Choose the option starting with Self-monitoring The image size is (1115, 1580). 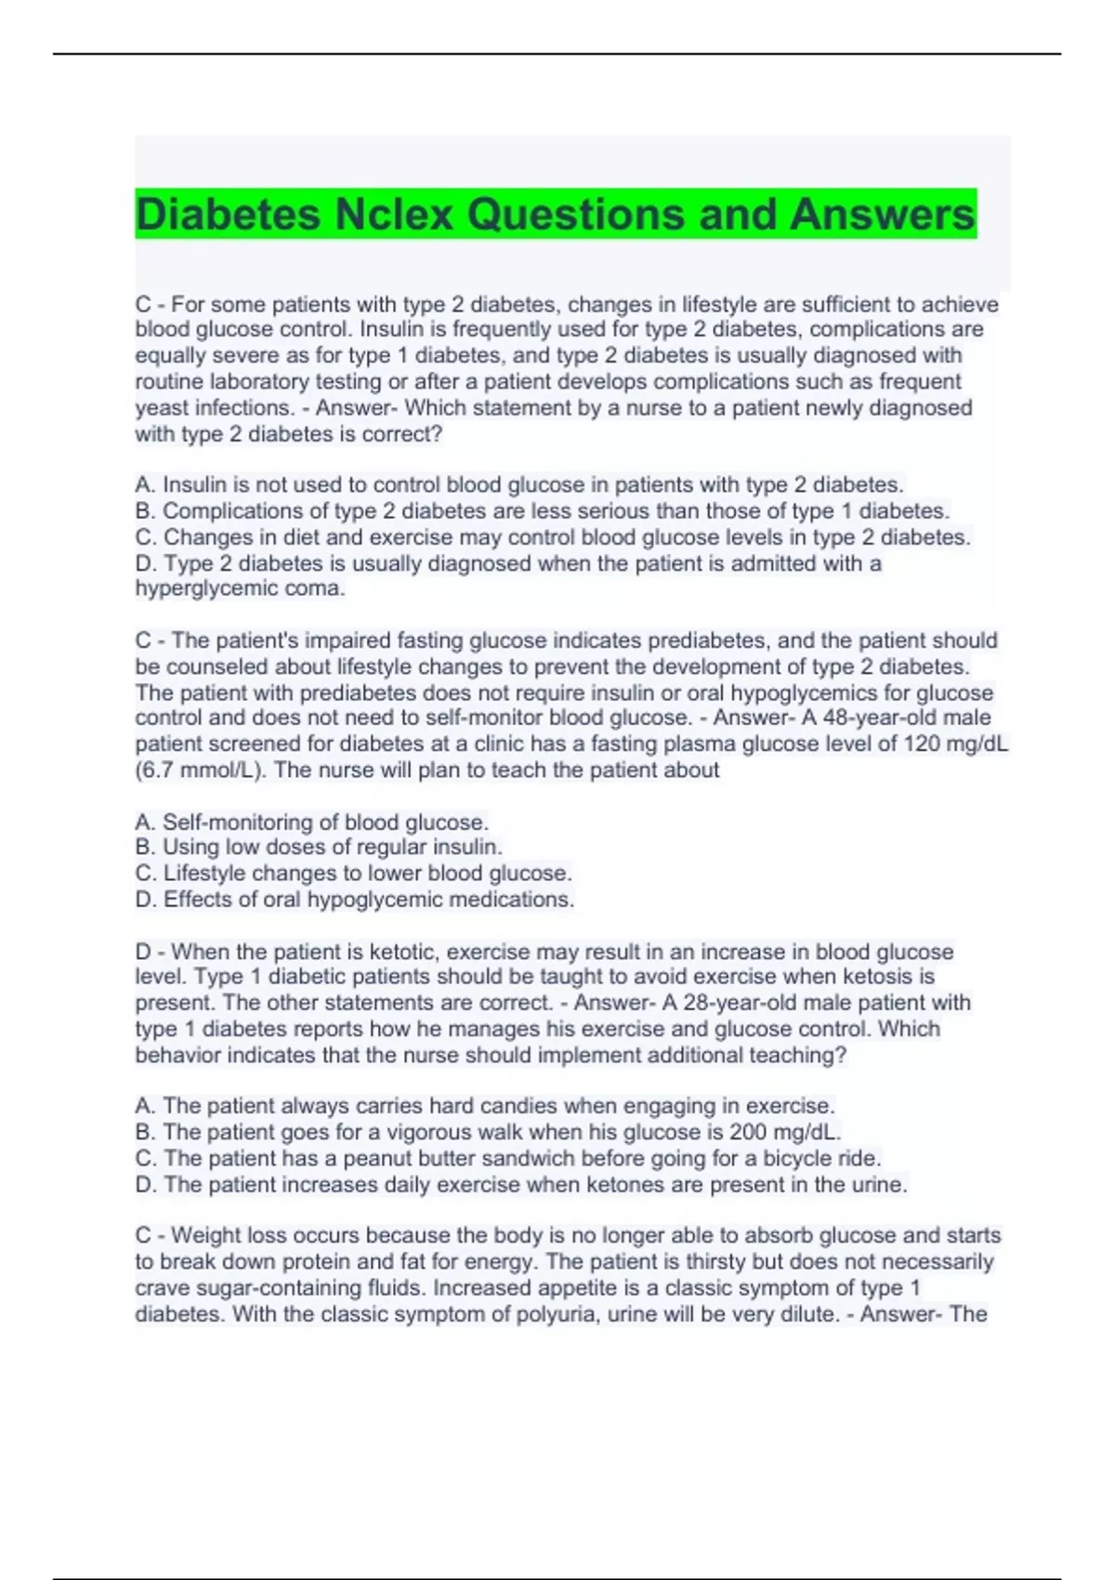point(311,823)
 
